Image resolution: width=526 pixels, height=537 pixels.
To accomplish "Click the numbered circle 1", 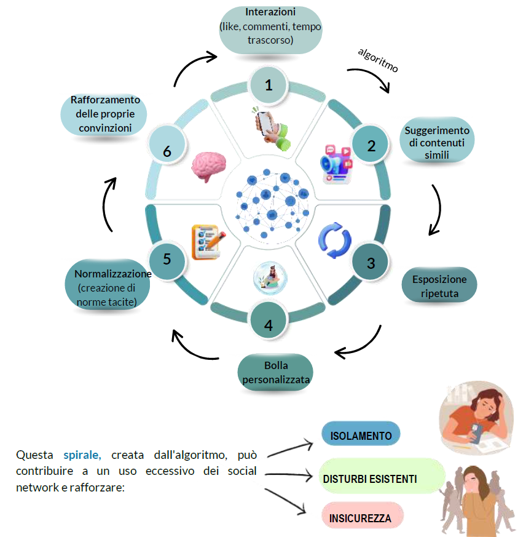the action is (x=269, y=85).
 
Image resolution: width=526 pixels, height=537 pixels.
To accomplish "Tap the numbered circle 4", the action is (x=269, y=320).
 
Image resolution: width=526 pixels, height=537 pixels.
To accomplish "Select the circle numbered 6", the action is (x=167, y=146).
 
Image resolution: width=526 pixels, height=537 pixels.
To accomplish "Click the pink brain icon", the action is (x=209, y=167).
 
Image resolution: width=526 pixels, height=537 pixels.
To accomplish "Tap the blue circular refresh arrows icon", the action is (x=335, y=240).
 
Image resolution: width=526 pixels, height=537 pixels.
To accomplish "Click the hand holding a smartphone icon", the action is (x=272, y=129).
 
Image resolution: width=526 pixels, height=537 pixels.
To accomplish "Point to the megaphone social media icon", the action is (x=336, y=164).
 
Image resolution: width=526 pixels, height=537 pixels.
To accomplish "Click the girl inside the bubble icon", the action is (x=270, y=278).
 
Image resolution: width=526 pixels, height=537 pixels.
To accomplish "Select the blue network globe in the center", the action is (x=272, y=204).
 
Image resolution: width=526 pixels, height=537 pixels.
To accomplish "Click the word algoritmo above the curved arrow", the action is (x=378, y=60).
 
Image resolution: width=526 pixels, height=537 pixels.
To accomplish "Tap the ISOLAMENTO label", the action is (x=361, y=434).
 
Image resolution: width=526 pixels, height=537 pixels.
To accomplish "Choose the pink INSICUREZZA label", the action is (x=363, y=517).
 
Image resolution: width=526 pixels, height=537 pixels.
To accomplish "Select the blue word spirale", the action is (x=82, y=455).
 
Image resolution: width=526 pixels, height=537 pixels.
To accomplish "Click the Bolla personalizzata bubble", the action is (x=275, y=372).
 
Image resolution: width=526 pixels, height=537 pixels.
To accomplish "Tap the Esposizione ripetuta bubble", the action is (x=439, y=285).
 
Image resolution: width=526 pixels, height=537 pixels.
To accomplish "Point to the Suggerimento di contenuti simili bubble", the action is (x=437, y=140).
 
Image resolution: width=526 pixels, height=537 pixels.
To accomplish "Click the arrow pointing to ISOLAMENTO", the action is (x=290, y=449).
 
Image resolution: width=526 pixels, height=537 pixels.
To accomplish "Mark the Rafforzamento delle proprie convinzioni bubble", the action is (x=104, y=114).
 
